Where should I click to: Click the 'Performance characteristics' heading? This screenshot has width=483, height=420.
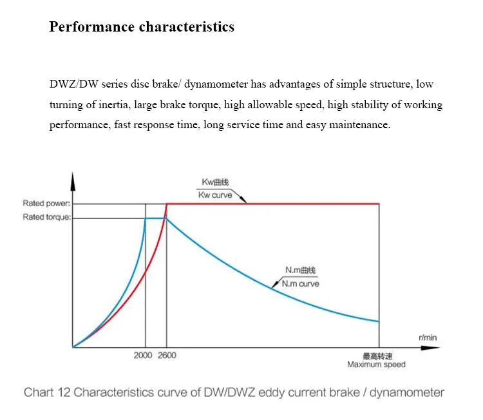click(142, 27)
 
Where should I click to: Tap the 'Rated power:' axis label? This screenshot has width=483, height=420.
click(46, 204)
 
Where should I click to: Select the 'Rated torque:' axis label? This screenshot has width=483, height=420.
click(46, 217)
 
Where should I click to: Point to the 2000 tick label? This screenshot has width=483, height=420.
click(144, 356)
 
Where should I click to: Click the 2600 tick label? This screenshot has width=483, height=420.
click(166, 356)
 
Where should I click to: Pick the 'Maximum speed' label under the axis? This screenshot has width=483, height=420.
click(377, 365)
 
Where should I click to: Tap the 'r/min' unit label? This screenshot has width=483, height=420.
click(427, 337)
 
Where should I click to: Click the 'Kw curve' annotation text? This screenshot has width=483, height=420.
click(214, 195)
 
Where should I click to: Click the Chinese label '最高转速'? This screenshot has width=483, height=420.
click(376, 356)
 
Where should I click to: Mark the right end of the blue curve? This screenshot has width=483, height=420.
click(379, 321)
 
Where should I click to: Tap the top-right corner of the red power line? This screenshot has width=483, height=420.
click(379, 204)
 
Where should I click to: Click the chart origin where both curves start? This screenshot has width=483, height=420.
click(73, 347)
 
